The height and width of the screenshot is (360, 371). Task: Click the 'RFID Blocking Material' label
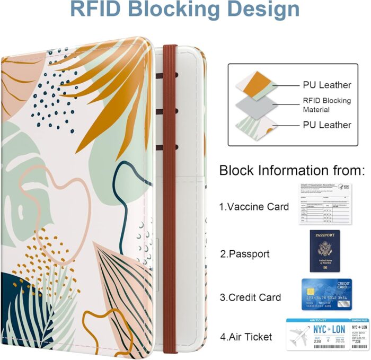point(326,105)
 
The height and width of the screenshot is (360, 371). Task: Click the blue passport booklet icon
point(325,251)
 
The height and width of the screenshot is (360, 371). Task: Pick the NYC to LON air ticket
point(327,335)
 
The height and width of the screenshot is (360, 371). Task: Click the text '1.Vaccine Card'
point(254,207)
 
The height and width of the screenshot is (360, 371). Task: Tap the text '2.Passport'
point(245,254)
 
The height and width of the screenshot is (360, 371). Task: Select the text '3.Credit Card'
point(250,297)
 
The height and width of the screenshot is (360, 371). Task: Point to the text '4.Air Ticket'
point(246,337)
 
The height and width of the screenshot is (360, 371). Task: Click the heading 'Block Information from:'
point(292,171)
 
